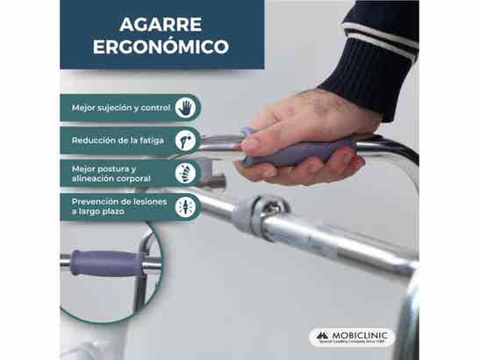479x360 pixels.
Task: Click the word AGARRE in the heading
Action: coord(160,24)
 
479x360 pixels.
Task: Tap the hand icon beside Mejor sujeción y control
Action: coord(185,107)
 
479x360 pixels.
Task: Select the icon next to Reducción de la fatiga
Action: coord(185,140)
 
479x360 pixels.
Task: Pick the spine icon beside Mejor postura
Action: coord(185,172)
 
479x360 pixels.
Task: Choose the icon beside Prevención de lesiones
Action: coord(185,206)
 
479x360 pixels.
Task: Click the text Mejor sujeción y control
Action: coord(121,108)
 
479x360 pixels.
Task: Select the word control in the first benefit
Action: coord(155,108)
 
